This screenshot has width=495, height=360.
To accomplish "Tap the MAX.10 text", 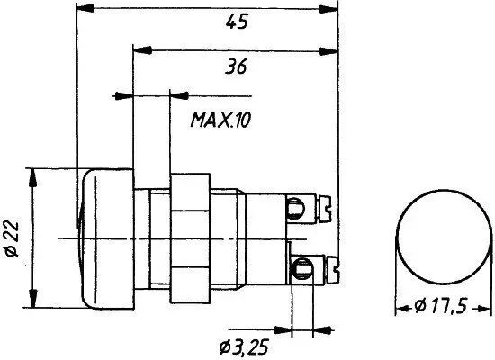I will coord(220,119).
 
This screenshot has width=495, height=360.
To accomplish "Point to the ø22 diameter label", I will coord(10,237).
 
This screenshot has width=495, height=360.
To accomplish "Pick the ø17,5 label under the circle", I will coord(439,307).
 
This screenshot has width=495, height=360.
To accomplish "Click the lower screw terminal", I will coord(304,266).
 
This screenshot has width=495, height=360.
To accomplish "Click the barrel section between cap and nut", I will coord(150,237).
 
